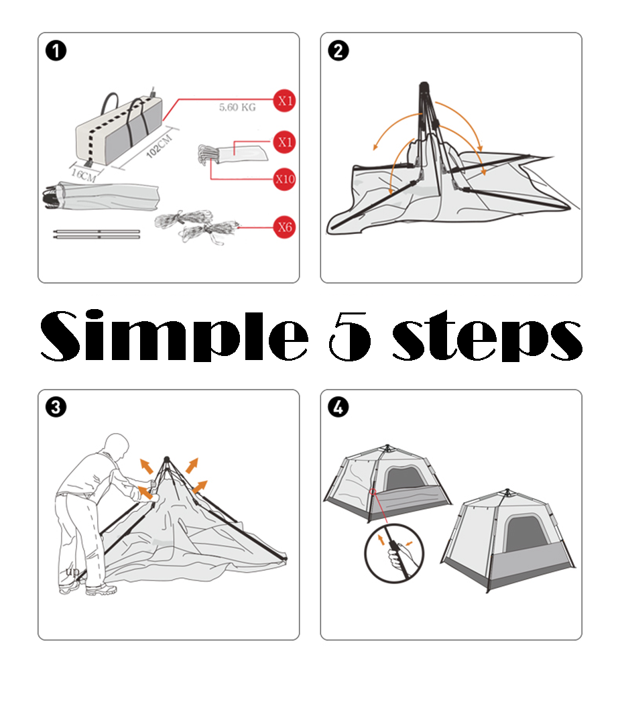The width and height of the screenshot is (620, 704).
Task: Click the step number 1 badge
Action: pyautogui.click(x=56, y=51)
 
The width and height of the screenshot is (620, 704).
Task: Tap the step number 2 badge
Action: pyautogui.click(x=338, y=51)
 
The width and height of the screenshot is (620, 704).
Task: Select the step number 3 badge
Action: pyautogui.click(x=56, y=408)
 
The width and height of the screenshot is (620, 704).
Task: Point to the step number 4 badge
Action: pyautogui.click(x=338, y=408)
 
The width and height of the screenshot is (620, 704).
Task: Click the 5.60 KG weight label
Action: pyautogui.click(x=237, y=107)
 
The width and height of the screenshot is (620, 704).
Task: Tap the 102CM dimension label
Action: pyautogui.click(x=160, y=145)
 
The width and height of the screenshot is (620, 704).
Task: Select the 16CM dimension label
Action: pyautogui.click(x=84, y=174)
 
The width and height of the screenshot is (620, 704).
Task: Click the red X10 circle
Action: pyautogui.click(x=285, y=179)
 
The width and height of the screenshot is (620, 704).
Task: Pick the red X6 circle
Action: pyautogui.click(x=285, y=227)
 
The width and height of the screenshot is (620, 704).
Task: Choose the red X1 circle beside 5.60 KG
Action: pyautogui.click(x=285, y=100)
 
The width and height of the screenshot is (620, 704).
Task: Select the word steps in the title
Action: pyautogui.click(x=487, y=336)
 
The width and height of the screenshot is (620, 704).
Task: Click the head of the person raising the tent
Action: pyautogui.click(x=116, y=447)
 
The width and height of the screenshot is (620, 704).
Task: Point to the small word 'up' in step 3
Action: pyautogui.click(x=72, y=571)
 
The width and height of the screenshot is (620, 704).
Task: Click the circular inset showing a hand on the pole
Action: pyautogui.click(x=393, y=554)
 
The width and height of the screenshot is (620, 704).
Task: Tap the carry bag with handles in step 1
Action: pyautogui.click(x=119, y=128)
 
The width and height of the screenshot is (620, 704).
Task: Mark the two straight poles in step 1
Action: pyautogui.click(x=97, y=234)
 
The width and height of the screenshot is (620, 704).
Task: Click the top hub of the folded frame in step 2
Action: pyautogui.click(x=424, y=86)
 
